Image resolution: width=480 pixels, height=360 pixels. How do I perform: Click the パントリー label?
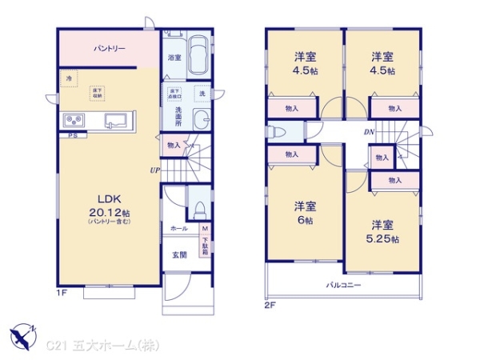click(109, 50)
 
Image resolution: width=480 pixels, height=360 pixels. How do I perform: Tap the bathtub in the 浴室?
click(201, 56)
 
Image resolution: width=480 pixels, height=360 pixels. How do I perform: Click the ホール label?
click(178, 229)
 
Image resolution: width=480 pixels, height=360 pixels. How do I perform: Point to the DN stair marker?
click(369, 132)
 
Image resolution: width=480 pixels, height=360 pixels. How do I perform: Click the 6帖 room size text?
click(303, 218)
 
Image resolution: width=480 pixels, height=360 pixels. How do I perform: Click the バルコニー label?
click(342, 285)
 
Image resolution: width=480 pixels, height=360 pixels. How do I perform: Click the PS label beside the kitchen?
click(71, 136)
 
